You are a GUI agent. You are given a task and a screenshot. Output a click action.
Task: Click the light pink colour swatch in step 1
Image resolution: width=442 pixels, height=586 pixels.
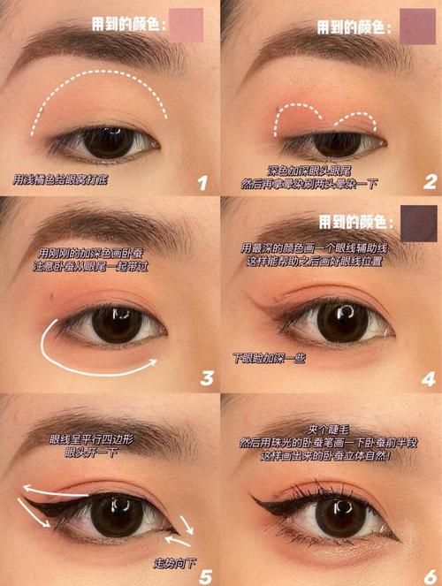(x=186, y=26)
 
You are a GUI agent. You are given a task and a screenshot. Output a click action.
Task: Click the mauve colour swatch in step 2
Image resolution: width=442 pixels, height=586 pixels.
(x=418, y=27)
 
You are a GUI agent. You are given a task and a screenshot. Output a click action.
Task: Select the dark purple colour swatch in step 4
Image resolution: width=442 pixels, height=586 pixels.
(x=418, y=223)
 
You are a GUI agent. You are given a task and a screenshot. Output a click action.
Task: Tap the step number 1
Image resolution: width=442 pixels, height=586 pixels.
(x=202, y=183)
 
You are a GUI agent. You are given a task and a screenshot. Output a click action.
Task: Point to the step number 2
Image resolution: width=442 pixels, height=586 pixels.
(x=430, y=182)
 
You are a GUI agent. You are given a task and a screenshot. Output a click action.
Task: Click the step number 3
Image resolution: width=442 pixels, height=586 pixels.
(x=207, y=378)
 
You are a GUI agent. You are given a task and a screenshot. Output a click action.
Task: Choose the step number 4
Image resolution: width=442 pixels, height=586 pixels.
(x=429, y=379)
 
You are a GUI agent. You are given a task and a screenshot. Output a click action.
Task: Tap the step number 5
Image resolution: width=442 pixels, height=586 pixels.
(x=205, y=576)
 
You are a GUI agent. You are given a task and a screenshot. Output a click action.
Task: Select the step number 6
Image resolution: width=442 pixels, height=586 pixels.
(x=430, y=577)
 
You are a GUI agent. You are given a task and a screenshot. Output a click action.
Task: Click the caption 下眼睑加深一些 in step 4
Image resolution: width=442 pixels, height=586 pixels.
(x=269, y=358)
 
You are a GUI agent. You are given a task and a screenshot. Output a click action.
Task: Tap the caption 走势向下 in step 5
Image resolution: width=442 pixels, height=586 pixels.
(x=175, y=564)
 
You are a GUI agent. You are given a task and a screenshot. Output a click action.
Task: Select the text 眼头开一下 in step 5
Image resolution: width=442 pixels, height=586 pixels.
(x=92, y=453)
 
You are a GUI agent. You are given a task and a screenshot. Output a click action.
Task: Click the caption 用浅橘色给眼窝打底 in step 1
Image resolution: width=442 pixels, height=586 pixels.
(x=60, y=179)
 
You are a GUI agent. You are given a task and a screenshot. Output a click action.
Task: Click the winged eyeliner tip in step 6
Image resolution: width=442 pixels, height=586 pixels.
(x=255, y=498)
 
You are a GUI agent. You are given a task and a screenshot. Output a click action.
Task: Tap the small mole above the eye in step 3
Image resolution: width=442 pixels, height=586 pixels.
(x=51, y=296)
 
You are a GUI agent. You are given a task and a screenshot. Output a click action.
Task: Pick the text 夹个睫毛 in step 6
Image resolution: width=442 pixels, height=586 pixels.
(x=328, y=430)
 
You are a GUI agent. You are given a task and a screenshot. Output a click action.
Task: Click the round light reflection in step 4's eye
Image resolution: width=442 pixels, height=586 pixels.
(x=347, y=310)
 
